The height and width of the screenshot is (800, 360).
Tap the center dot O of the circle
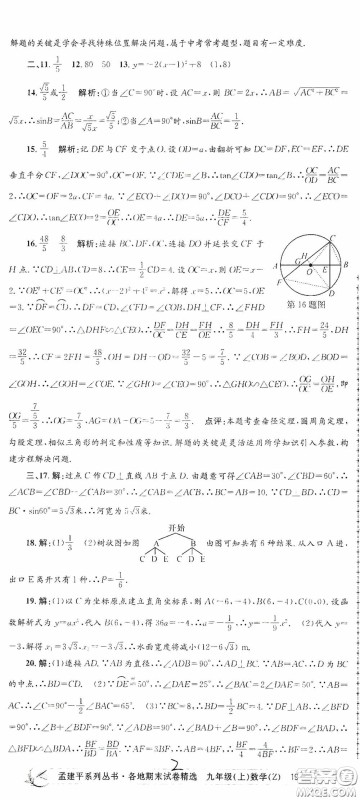tap(309, 264)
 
